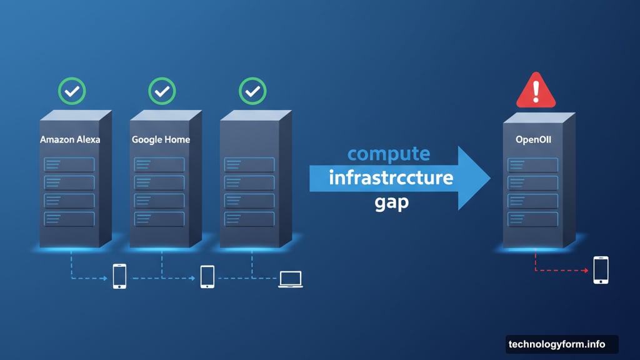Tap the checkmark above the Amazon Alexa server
click(x=72, y=91)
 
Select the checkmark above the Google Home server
click(x=162, y=91)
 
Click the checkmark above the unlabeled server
click(x=252, y=91)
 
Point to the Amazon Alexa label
click(x=70, y=140)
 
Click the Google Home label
click(x=160, y=140)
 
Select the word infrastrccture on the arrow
click(x=391, y=178)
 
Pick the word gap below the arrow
click(x=391, y=203)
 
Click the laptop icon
click(x=290, y=279)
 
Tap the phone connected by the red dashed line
click(x=601, y=270)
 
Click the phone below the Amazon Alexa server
click(x=119, y=276)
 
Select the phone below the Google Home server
click(x=207, y=276)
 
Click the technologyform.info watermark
click(x=557, y=344)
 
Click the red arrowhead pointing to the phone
click(x=585, y=271)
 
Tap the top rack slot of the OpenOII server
click(x=533, y=164)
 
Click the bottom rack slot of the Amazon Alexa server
click(x=69, y=219)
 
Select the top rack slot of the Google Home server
click(x=159, y=164)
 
